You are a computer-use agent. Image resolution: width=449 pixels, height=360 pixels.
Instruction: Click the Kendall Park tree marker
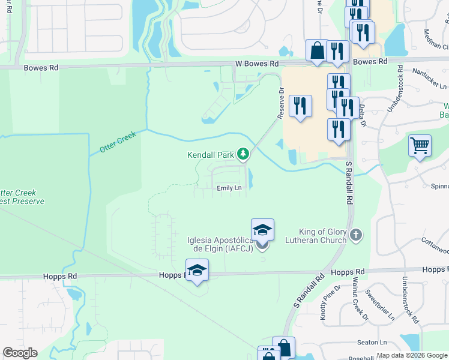pyautogui.click(x=243, y=155)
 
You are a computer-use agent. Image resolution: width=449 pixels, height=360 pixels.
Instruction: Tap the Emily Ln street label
pyautogui.click(x=229, y=188)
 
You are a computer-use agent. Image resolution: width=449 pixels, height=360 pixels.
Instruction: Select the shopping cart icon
pyautogui.click(x=420, y=145)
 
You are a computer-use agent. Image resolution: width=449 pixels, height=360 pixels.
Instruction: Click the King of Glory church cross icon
pyautogui.click(x=356, y=235)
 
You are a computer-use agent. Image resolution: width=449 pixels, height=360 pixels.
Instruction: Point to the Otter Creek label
pyautogui.click(x=119, y=142)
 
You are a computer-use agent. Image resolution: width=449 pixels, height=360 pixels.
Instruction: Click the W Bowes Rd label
pyautogui.click(x=257, y=63)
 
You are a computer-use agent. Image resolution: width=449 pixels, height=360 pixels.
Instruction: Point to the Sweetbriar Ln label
pyautogui.click(x=379, y=306)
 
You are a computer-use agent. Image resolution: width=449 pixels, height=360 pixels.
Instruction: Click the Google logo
pyautogui.click(x=20, y=353)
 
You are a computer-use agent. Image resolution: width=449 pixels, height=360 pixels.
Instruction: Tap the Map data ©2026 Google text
pyautogui.click(x=412, y=355)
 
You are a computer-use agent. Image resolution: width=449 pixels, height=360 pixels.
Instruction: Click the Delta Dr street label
pyautogui.click(x=363, y=115)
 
